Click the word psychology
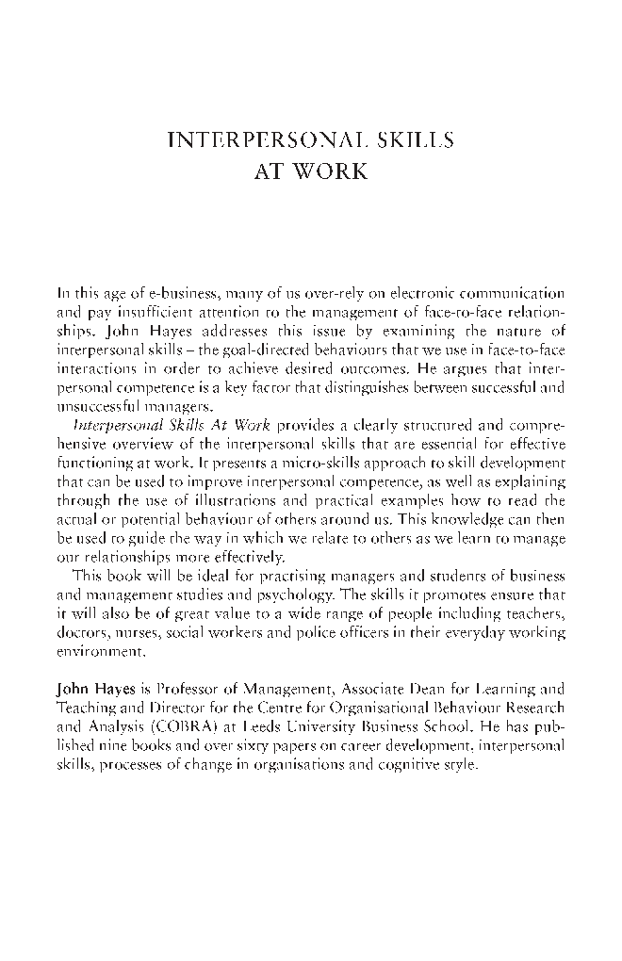coord(294,595)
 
